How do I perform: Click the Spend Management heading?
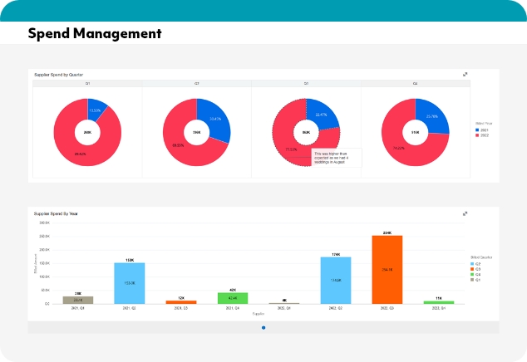pyautogui.click(x=94, y=34)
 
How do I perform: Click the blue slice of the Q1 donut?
pyautogui.click(x=98, y=111)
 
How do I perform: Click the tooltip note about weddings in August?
pyautogui.click(x=337, y=158)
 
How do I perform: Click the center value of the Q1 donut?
pyautogui.click(x=87, y=132)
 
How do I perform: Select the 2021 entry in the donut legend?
pyautogui.click(x=483, y=130)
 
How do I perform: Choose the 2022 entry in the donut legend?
pyautogui.click(x=483, y=136)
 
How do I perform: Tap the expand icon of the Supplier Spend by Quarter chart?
pyautogui.click(x=465, y=75)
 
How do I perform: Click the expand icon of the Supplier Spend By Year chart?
pyautogui.click(x=465, y=213)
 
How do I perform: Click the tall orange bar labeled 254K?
pyautogui.click(x=387, y=269)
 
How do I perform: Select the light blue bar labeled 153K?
pyautogui.click(x=129, y=282)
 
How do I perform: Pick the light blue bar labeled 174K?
pyautogui.click(x=335, y=280)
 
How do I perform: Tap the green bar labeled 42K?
pyautogui.click(x=233, y=297)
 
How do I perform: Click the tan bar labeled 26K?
pyautogui.click(x=77, y=299)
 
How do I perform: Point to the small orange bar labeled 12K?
pyautogui.click(x=180, y=301)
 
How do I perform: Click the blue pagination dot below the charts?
pyautogui.click(x=263, y=328)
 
